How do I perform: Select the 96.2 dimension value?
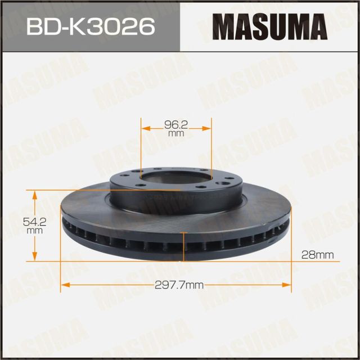[x=176, y=125]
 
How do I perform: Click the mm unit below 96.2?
[x=176, y=134]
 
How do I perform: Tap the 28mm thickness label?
[x=317, y=255]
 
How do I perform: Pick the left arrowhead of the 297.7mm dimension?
[x=64, y=286]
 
